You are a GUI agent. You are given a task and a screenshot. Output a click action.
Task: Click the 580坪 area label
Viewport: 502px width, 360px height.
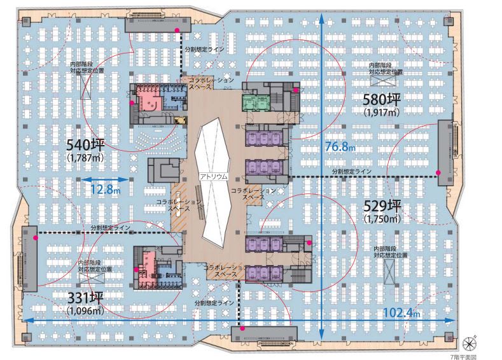click(381, 99)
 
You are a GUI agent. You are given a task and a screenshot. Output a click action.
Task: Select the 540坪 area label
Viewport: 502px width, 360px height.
click(85, 145)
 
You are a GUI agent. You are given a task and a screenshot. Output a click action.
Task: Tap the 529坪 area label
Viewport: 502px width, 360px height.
click(382, 206)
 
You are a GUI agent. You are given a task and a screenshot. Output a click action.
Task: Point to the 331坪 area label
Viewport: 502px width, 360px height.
click(85, 298)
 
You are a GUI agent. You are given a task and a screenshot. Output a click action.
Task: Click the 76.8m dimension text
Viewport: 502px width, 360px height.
click(340, 146)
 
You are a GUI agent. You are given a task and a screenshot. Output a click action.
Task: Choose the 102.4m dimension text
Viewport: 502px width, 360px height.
click(401, 312)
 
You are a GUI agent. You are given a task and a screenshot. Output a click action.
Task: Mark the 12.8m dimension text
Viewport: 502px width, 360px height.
click(106, 190)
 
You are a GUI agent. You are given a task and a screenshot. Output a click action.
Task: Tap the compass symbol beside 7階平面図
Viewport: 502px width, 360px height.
click(470, 343)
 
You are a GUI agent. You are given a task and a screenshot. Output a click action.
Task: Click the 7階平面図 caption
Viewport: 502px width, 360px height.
click(463, 357)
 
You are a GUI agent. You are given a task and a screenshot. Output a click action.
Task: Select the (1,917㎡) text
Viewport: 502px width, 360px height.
click(382, 113)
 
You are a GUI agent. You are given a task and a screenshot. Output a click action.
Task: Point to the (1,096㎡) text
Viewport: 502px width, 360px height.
click(85, 310)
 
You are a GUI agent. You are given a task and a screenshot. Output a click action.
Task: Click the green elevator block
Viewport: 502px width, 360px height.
click(256, 102)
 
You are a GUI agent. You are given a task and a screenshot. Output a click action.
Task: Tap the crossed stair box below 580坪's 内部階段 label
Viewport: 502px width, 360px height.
click(383, 80)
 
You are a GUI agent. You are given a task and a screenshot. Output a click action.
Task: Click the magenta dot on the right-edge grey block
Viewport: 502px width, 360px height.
click(438, 172)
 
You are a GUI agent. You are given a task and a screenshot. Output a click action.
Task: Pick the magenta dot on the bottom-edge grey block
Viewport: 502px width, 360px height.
click(242, 328)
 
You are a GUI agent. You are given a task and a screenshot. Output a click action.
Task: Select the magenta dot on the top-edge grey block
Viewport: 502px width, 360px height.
click(176, 30)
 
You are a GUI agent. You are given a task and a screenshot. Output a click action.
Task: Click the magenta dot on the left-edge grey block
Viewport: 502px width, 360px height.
click(36, 238)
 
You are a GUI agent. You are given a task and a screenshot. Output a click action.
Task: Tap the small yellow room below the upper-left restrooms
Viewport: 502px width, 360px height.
click(180, 120)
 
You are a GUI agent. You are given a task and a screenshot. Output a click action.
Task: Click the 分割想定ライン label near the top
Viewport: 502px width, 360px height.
click(204, 50)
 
